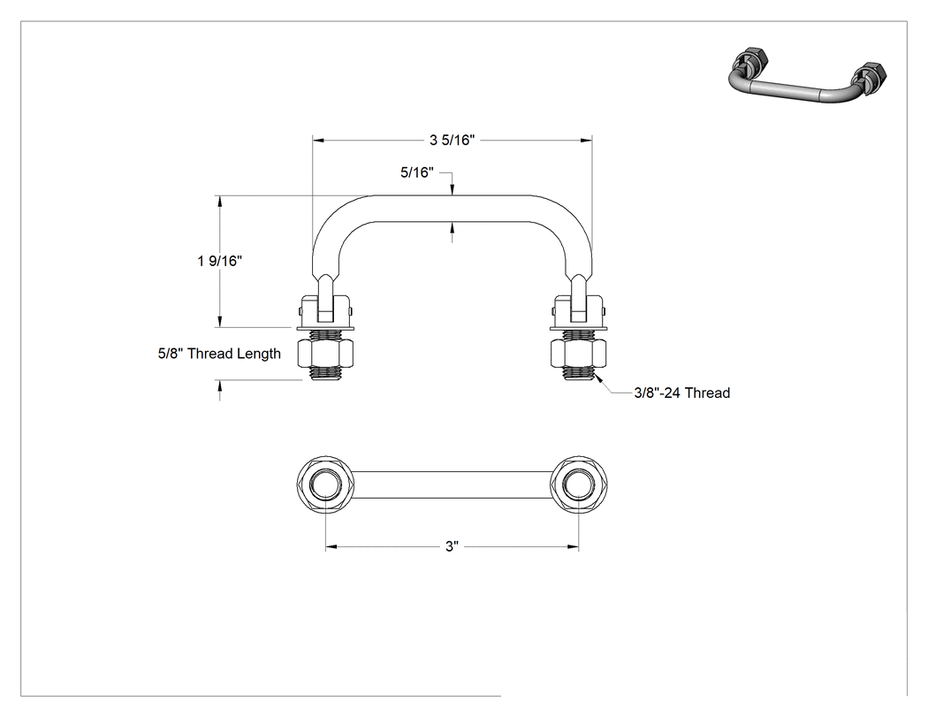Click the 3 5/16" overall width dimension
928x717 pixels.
click(x=453, y=141)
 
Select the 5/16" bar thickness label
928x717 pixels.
click(x=417, y=172)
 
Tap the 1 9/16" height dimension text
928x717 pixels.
click(x=219, y=261)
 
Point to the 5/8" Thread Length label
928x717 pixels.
click(x=219, y=354)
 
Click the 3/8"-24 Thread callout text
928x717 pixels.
click(x=681, y=393)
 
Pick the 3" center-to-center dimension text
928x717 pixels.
click(x=453, y=545)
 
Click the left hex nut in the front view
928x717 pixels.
click(x=325, y=353)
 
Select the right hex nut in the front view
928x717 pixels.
click(x=579, y=353)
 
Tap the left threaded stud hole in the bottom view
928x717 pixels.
click(x=325, y=484)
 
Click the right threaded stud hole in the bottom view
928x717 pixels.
click(x=579, y=484)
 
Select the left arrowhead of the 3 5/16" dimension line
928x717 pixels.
click(x=318, y=141)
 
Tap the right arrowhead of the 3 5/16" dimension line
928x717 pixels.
click(x=587, y=141)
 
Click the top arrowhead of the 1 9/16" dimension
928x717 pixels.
click(x=220, y=202)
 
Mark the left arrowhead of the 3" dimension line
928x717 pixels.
click(x=331, y=546)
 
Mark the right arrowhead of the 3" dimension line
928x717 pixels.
click(x=573, y=546)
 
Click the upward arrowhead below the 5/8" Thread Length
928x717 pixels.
click(x=220, y=386)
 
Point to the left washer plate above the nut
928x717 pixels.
click(x=325, y=328)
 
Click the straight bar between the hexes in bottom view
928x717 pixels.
click(x=453, y=484)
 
